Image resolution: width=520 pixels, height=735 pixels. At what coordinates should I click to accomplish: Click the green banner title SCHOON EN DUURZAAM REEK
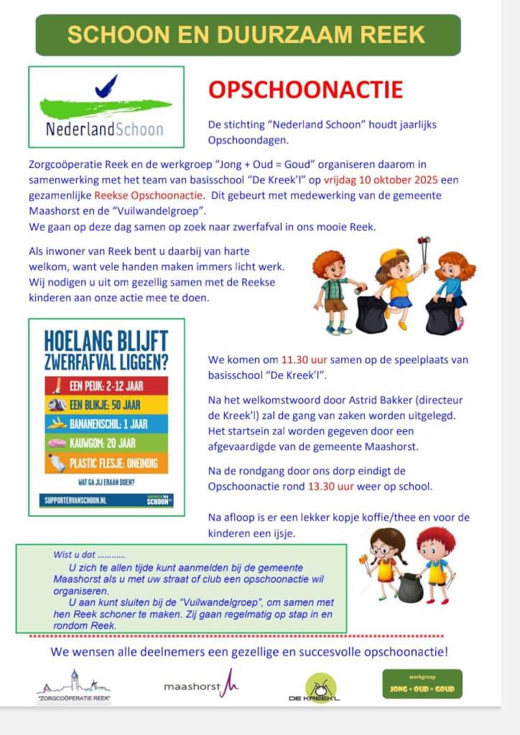[246, 34]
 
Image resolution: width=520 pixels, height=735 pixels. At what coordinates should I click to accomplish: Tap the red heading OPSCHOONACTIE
[305, 90]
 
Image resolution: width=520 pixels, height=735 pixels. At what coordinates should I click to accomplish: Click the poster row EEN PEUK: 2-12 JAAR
[106, 385]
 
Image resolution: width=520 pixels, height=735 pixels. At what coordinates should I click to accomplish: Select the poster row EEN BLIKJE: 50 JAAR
[106, 404]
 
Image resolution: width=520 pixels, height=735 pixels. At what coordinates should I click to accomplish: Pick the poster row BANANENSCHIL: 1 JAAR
[106, 423]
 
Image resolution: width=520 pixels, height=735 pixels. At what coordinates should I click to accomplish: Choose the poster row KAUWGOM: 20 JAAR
[106, 444]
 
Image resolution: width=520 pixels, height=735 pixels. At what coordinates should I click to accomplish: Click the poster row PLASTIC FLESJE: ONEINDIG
[106, 463]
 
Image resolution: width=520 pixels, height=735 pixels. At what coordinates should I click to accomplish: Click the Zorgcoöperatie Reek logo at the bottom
[73, 686]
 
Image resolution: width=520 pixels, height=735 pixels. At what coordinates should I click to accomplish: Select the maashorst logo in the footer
[201, 686]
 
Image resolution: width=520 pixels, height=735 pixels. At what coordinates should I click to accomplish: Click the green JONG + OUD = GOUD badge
[422, 685]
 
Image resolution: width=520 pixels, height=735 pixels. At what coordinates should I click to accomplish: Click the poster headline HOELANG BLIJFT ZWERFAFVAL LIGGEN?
[106, 347]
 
